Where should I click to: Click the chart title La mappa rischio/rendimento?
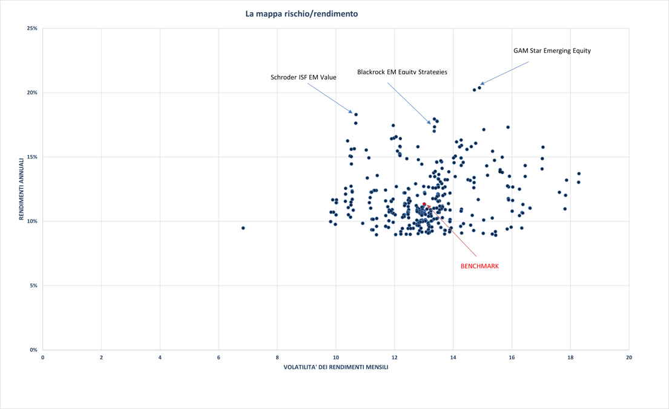pos(302,14)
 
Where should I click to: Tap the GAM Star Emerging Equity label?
pos(552,51)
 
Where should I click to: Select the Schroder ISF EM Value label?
pos(303,77)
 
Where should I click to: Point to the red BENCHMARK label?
pos(480,266)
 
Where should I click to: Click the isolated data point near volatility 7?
pos(243,228)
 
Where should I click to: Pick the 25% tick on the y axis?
pos(32,28)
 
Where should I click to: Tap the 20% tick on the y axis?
pos(32,93)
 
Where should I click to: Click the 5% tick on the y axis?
pos(33,286)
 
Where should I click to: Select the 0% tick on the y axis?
pos(33,350)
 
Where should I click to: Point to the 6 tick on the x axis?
pos(219,358)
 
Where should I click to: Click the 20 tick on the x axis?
pos(629,358)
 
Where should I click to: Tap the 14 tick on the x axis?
pos(453,358)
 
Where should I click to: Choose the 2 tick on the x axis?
pos(101,358)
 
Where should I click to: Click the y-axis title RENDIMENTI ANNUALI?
pos(21,189)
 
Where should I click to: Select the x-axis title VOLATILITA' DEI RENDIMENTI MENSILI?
pos(335,367)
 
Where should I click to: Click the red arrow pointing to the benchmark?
pos(453,231)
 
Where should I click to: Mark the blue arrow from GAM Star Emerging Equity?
pos(505,73)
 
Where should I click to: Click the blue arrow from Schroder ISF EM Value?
pos(330,98)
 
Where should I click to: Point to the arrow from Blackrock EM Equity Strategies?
pos(409,103)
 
